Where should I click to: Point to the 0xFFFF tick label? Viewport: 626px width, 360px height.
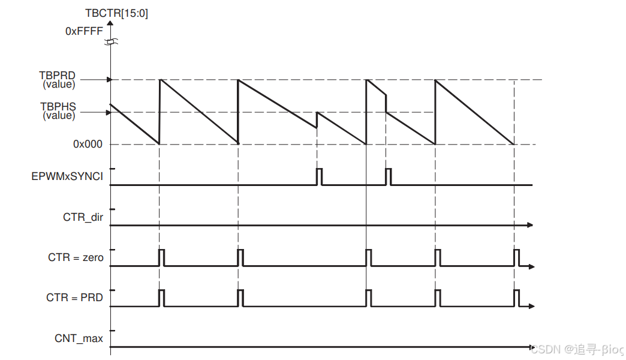tap(84, 31)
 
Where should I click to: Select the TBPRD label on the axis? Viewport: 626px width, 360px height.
tap(58, 76)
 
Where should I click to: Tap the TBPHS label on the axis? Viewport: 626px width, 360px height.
tap(58, 107)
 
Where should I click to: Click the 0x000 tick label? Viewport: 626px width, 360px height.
tap(88, 144)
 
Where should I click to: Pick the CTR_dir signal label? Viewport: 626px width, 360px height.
tap(83, 217)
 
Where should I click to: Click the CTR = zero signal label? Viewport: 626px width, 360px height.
tap(76, 258)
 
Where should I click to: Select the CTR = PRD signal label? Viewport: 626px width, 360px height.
tap(74, 298)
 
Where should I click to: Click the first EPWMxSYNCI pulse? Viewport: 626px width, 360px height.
tap(319, 177)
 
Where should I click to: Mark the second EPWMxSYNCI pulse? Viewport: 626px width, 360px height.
tap(389, 177)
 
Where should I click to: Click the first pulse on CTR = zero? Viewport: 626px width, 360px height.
tap(161, 257)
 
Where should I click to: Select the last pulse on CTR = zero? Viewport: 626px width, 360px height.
tap(517, 257)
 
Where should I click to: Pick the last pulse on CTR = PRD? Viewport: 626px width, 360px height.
tap(517, 298)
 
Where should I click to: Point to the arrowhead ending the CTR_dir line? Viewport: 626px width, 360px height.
tap(530, 224)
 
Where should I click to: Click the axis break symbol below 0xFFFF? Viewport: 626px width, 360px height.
tap(110, 42)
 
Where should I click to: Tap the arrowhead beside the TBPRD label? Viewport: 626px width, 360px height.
tap(109, 79)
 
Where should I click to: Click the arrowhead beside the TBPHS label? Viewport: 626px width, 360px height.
tap(109, 112)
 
